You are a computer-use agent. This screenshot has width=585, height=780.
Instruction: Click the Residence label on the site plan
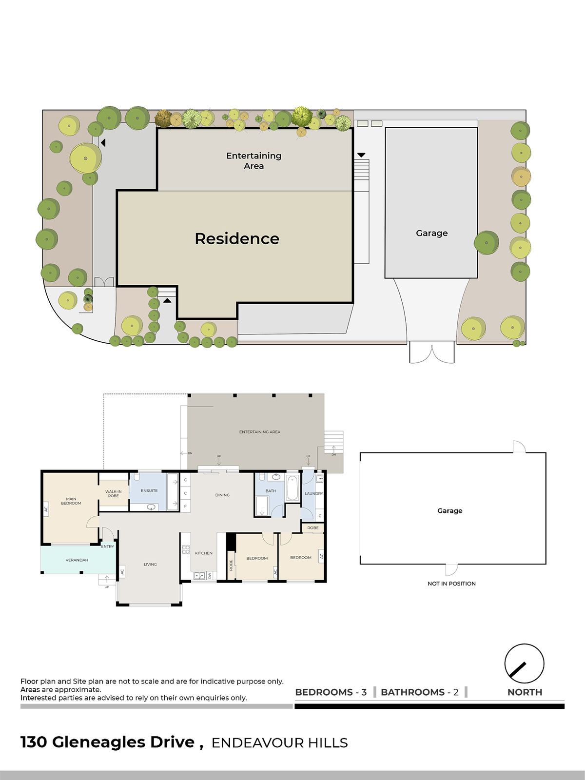click(237, 239)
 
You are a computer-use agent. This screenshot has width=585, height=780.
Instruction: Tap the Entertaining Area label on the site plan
click(253, 161)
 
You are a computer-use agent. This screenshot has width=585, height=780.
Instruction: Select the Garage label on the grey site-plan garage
click(431, 233)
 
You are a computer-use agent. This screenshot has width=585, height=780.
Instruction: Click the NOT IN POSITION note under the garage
click(451, 584)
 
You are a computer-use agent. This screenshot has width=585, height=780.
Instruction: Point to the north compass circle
click(524, 663)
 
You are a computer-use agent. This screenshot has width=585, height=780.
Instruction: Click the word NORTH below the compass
click(525, 692)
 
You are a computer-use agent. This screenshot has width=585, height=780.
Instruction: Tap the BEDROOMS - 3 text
click(331, 692)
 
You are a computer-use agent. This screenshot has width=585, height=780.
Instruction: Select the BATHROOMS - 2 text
click(419, 692)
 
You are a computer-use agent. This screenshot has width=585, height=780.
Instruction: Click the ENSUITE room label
click(149, 490)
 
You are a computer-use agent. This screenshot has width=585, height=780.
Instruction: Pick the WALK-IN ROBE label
click(113, 493)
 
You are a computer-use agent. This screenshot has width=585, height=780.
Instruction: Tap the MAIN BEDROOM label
click(71, 501)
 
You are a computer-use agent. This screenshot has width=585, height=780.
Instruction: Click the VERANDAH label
click(77, 560)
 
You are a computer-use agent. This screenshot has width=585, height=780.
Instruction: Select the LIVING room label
click(150, 565)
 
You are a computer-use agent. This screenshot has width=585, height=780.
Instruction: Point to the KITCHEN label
click(204, 553)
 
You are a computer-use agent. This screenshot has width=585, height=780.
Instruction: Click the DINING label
click(222, 495)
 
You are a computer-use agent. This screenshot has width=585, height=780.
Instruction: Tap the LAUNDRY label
click(313, 494)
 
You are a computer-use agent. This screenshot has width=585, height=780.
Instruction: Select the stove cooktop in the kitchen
click(186, 549)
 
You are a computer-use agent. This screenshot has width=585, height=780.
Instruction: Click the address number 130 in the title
click(34, 742)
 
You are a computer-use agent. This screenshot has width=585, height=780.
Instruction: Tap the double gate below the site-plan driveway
click(431, 353)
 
